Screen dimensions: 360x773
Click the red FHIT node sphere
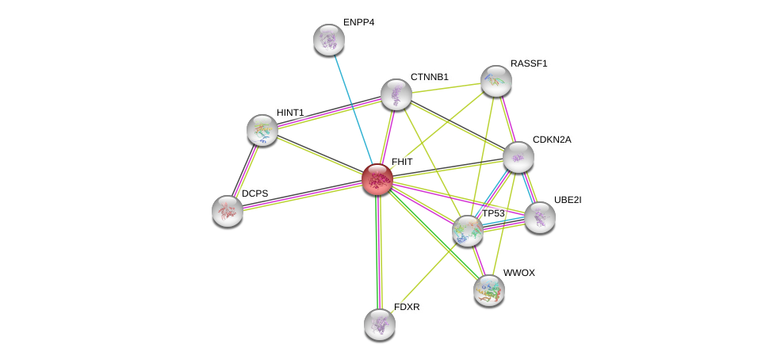[377, 178]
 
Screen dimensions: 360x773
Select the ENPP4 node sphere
[328, 40]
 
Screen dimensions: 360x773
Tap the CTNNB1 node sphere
[396, 94]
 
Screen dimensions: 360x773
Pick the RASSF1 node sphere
[496, 81]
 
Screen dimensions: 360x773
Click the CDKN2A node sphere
[518, 157]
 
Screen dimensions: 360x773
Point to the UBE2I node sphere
[539, 217]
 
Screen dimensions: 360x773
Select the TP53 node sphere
[468, 231]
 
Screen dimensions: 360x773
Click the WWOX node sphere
[488, 289]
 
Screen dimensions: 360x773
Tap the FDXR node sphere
[380, 324]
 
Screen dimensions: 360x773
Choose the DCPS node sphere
[228, 210]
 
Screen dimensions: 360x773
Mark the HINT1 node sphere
[262, 130]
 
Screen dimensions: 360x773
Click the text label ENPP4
[358, 22]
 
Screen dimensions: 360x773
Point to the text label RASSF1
[528, 63]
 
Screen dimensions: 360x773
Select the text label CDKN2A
[551, 140]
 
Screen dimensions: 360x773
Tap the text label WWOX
[519, 273]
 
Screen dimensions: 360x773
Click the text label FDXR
[407, 307]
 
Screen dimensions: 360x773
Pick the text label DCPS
[255, 193]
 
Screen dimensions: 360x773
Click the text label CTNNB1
[429, 77]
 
